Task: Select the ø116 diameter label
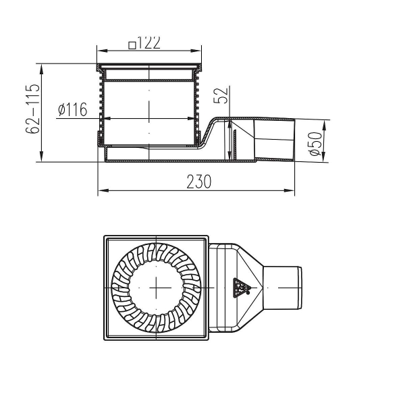pyautogui.click(x=73, y=110)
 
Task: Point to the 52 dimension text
pyautogui.click(x=220, y=95)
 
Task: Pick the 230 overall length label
pyautogui.click(x=198, y=182)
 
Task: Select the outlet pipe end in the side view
pyautogui.click(x=290, y=140)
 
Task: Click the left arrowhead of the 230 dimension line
pyautogui.click(x=101, y=191)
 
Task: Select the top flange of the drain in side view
pyautogui.click(x=150, y=67)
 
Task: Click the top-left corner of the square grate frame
pyautogui.click(x=105, y=237)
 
